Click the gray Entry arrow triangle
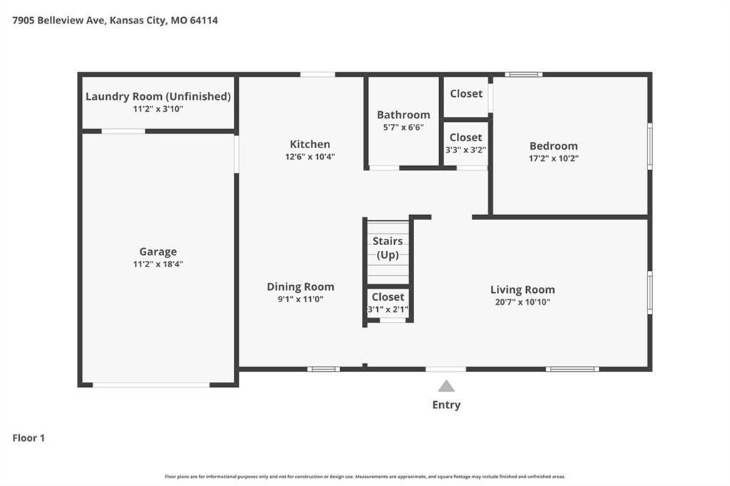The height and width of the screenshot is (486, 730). (446, 386)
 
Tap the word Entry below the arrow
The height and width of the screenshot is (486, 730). (446, 405)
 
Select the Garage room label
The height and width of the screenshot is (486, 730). (158, 252)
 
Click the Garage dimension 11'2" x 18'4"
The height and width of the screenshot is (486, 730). (158, 264)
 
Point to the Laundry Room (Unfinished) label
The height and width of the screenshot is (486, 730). (158, 96)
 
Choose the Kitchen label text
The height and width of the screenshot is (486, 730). (309, 145)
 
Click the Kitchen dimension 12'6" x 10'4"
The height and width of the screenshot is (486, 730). (309, 157)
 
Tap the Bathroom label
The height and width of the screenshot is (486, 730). (403, 115)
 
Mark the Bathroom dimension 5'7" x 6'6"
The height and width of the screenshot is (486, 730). (403, 127)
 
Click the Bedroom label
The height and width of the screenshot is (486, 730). (553, 146)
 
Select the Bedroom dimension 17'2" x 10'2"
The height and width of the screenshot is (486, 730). (553, 158)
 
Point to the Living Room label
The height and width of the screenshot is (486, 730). (523, 289)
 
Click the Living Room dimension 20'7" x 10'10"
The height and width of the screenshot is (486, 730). (523, 302)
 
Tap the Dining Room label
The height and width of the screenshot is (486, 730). (300, 286)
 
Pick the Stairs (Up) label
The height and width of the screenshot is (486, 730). (387, 248)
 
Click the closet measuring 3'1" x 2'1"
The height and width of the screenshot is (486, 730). (388, 303)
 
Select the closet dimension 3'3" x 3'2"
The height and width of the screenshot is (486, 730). (466, 150)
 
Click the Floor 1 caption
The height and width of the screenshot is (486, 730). (29, 438)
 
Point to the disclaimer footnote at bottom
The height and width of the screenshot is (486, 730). (365, 477)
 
